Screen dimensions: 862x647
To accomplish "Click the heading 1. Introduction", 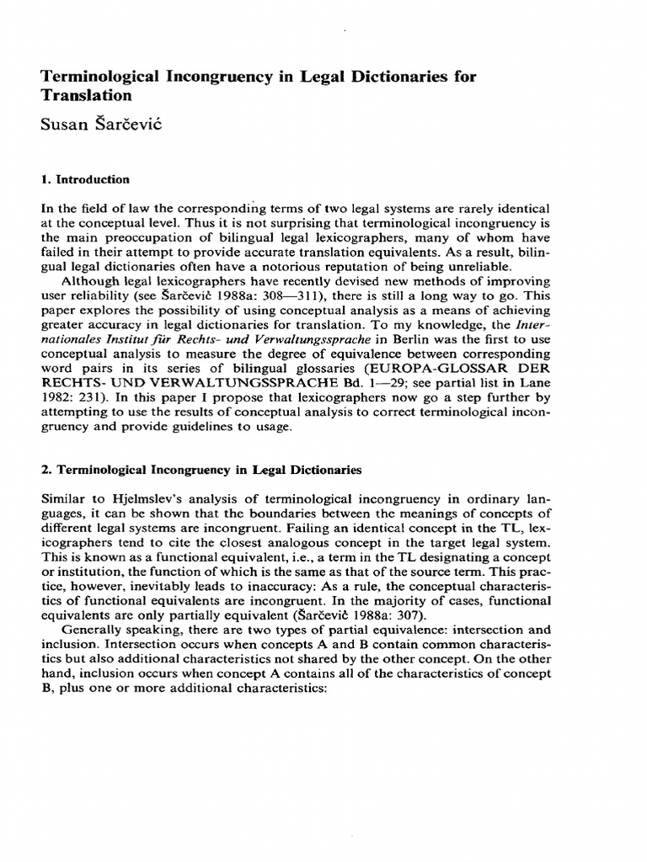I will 85,179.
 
